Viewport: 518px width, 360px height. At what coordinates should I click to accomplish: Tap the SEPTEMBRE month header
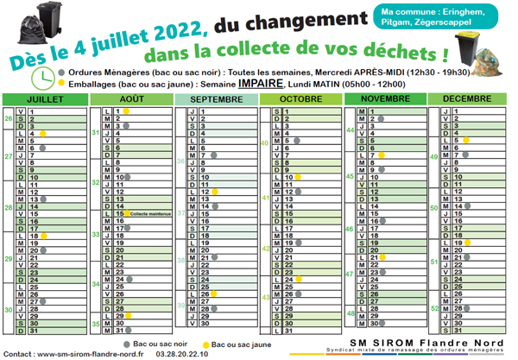[x=215, y=100]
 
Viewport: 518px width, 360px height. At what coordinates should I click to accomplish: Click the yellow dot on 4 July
[x=41, y=134]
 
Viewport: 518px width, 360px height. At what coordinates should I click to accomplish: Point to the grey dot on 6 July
[x=41, y=148]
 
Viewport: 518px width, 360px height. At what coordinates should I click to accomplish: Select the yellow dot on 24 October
[x=298, y=280]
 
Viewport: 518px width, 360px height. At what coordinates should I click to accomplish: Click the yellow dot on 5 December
[x=466, y=141]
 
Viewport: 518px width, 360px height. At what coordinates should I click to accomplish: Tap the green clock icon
[x=42, y=78]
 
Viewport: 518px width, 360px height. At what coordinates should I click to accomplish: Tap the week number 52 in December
[x=435, y=308]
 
